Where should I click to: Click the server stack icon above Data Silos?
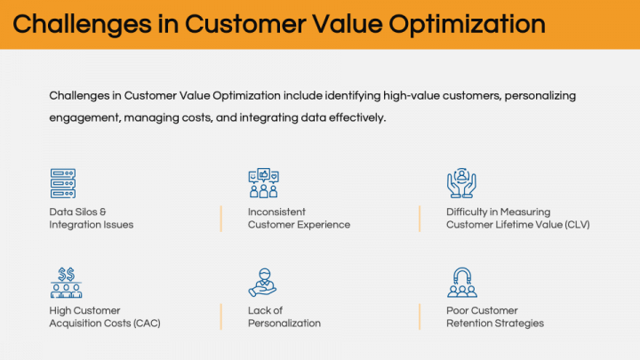[x=63, y=183]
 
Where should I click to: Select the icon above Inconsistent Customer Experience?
[x=262, y=183]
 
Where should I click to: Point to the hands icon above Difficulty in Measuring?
[x=460, y=183]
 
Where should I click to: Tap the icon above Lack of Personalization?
[x=262, y=282]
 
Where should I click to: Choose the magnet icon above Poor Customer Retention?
[x=460, y=282]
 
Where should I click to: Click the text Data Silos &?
[x=78, y=212]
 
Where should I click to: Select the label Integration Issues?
[x=92, y=225]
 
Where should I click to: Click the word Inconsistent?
[x=276, y=212]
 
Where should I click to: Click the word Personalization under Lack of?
[x=284, y=324]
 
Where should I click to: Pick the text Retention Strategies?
[x=495, y=324]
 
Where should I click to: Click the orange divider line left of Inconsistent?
[x=221, y=219]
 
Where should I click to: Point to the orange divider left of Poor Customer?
[x=420, y=316]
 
